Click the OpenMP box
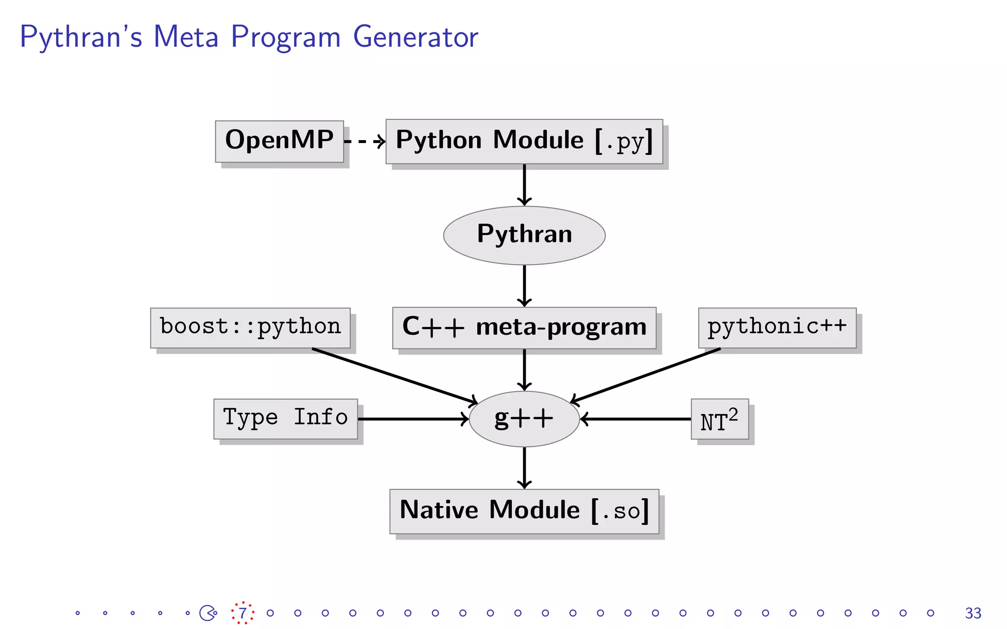click(x=279, y=141)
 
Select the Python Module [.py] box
click(x=524, y=141)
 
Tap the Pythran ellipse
click(x=524, y=235)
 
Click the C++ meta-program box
click(x=524, y=328)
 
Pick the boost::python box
click(x=250, y=328)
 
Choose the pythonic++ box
click(x=777, y=328)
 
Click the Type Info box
click(x=285, y=419)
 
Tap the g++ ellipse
click(x=524, y=419)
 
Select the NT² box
click(x=719, y=419)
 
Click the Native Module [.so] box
click(x=524, y=511)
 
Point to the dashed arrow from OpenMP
click(x=364, y=142)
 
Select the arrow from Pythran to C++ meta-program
click(x=524, y=285)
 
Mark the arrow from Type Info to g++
click(x=413, y=419)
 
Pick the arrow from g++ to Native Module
click(x=524, y=467)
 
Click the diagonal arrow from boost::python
click(x=393, y=376)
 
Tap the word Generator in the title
click(x=415, y=36)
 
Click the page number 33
click(x=973, y=613)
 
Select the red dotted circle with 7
click(x=242, y=613)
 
